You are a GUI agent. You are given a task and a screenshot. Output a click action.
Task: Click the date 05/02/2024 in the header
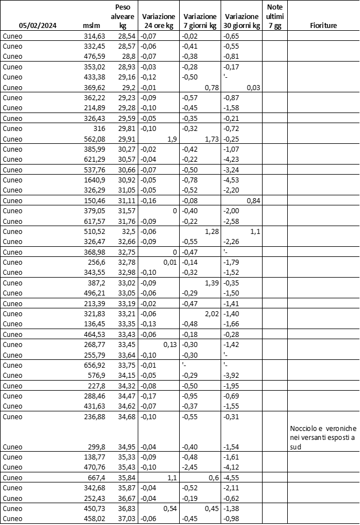[x=38, y=26]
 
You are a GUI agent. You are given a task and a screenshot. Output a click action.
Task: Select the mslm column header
[x=91, y=26]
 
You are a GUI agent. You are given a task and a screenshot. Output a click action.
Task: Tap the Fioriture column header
[x=323, y=26]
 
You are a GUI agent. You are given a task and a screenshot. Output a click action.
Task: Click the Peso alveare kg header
[x=123, y=17]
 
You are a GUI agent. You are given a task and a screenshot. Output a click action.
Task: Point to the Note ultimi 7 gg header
[x=275, y=16]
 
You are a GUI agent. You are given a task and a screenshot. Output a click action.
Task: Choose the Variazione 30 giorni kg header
[x=241, y=21]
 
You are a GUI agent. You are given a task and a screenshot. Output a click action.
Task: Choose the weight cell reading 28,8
[x=129, y=57]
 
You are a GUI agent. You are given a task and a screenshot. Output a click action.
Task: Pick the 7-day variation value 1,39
[x=210, y=281]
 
